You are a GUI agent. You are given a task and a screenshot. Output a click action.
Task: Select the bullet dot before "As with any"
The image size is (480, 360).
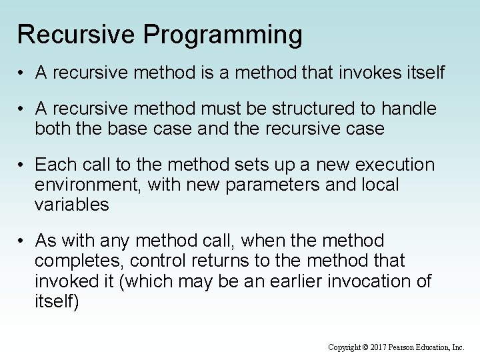pos(23,240)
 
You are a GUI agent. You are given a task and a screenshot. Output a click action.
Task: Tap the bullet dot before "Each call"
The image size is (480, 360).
pos(23,165)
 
